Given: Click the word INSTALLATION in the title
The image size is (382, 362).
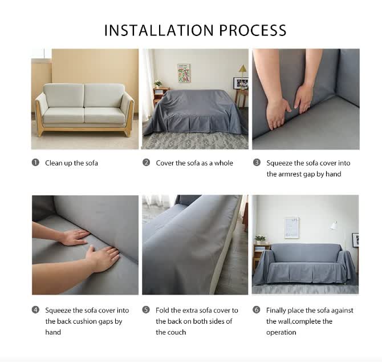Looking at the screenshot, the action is pyautogui.click(x=159, y=30).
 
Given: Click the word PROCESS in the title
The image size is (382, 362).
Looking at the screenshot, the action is pyautogui.click(x=253, y=30).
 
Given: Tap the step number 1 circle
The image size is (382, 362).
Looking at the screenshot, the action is pyautogui.click(x=35, y=163).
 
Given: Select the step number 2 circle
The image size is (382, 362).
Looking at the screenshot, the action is pyautogui.click(x=146, y=163).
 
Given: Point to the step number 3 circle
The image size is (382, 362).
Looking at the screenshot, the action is pyautogui.click(x=257, y=163).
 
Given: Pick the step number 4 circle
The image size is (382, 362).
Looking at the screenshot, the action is pyautogui.click(x=35, y=310).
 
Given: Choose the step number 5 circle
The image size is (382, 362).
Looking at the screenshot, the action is pyautogui.click(x=146, y=310).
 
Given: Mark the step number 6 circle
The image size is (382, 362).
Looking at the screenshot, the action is pyautogui.click(x=257, y=310).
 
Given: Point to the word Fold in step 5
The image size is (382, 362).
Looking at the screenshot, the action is pyautogui.click(x=162, y=310).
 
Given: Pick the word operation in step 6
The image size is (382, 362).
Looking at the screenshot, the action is pyautogui.click(x=281, y=332).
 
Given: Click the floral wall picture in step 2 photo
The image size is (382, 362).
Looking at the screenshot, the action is pyautogui.click(x=184, y=73).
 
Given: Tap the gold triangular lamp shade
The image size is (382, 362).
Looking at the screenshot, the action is pyautogui.click(x=242, y=69).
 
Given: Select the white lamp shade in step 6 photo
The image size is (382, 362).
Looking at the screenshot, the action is pyautogui.click(x=334, y=226).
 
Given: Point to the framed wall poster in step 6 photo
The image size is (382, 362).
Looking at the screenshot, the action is pyautogui.click(x=291, y=228).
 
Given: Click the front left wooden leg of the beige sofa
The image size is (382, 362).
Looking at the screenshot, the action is pyautogui.click(x=40, y=132).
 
